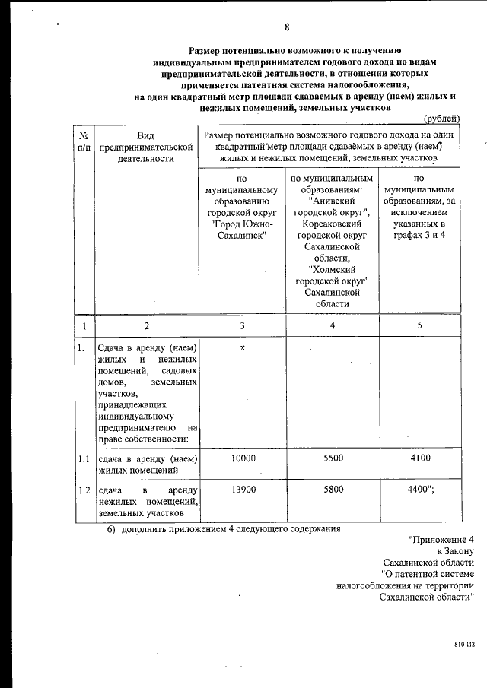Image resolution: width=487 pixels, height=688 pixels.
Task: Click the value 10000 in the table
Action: click(243, 458)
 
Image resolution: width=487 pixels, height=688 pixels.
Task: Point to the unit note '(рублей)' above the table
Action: click(441, 118)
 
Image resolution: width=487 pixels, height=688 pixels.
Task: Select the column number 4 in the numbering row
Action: click(333, 325)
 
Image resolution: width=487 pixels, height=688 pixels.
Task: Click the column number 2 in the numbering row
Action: click(147, 325)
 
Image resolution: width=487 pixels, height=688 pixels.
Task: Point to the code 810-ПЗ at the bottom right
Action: click(464, 643)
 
